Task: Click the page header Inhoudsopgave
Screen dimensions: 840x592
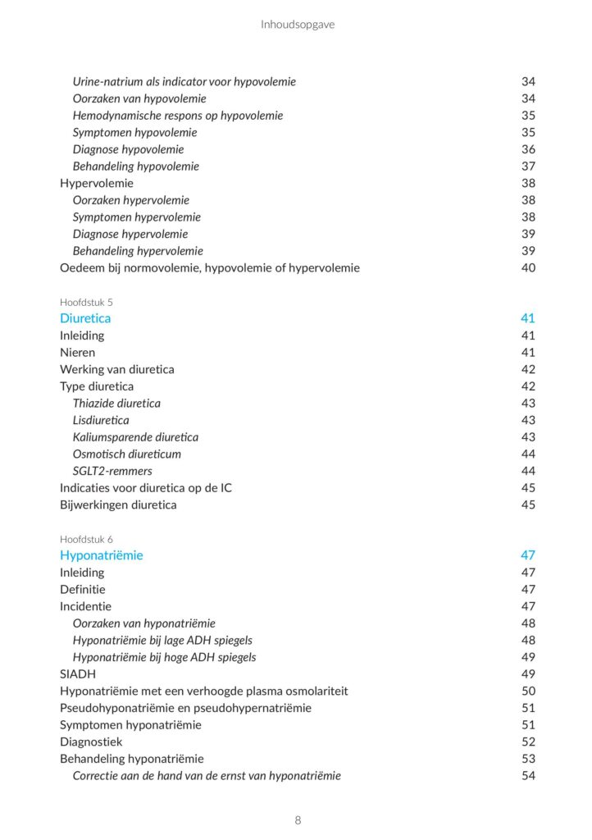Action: pos(298,25)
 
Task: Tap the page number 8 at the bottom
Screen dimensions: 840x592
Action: pos(298,820)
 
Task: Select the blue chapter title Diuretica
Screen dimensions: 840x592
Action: pos(85,318)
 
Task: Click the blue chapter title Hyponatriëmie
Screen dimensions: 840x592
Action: pos(102,555)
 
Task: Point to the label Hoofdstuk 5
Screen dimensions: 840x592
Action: pos(86,302)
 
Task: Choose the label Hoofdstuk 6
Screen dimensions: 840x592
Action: pos(86,539)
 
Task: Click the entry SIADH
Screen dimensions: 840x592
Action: pos(78,674)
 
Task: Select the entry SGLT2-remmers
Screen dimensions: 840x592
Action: pos(112,471)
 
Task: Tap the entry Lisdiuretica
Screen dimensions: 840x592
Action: pos(101,420)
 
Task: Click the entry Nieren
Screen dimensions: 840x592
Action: pos(77,353)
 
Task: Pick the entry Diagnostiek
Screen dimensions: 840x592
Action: pos(91,742)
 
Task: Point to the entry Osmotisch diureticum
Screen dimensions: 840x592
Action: pos(127,454)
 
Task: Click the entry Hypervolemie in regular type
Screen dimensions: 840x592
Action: pos(97,183)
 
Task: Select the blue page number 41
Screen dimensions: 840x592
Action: pos(528,318)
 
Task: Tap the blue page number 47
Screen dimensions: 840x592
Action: pos(528,555)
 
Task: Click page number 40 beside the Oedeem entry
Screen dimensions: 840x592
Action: pos(528,267)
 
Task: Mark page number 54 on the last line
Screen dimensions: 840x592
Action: pos(528,775)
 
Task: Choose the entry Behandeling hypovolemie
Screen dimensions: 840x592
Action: pos(136,167)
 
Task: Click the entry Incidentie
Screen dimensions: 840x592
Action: pos(85,606)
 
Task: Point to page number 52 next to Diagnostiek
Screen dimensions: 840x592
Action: pos(528,742)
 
